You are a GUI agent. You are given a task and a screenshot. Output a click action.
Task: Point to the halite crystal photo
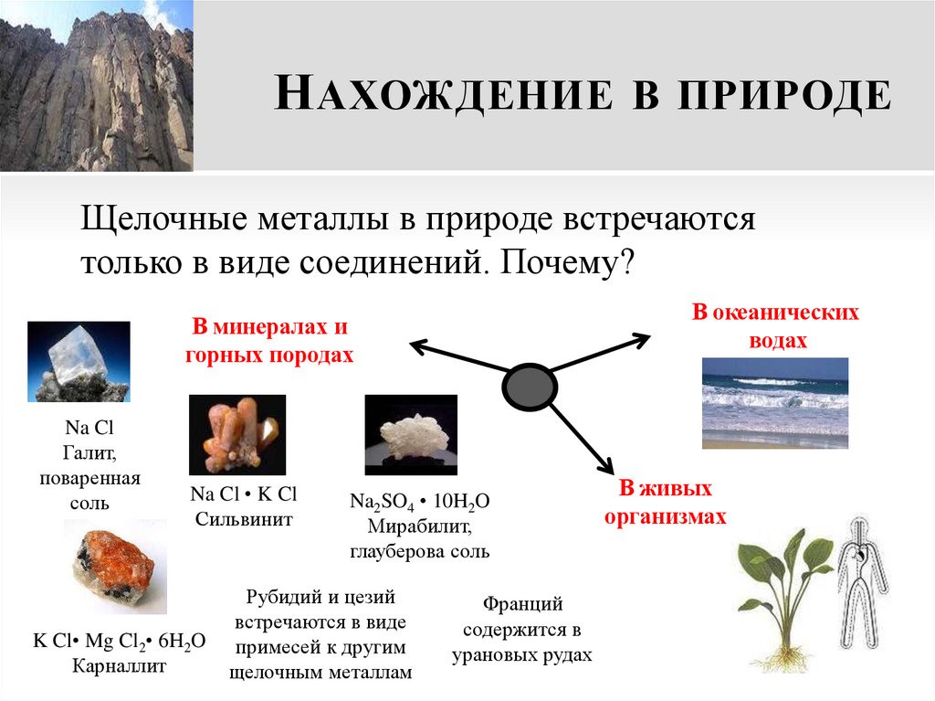pyautogui.click(x=79, y=362)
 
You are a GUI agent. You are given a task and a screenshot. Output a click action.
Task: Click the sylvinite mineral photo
pyautogui.click(x=236, y=434)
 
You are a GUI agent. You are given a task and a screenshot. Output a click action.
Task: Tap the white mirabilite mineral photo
pyautogui.click(x=410, y=434)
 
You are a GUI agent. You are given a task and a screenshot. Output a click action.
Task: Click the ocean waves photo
pyautogui.click(x=774, y=402)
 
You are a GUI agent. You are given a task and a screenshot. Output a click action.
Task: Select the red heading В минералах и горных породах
pyautogui.click(x=268, y=341)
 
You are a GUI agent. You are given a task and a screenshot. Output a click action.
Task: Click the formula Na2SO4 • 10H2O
pyautogui.click(x=419, y=502)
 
